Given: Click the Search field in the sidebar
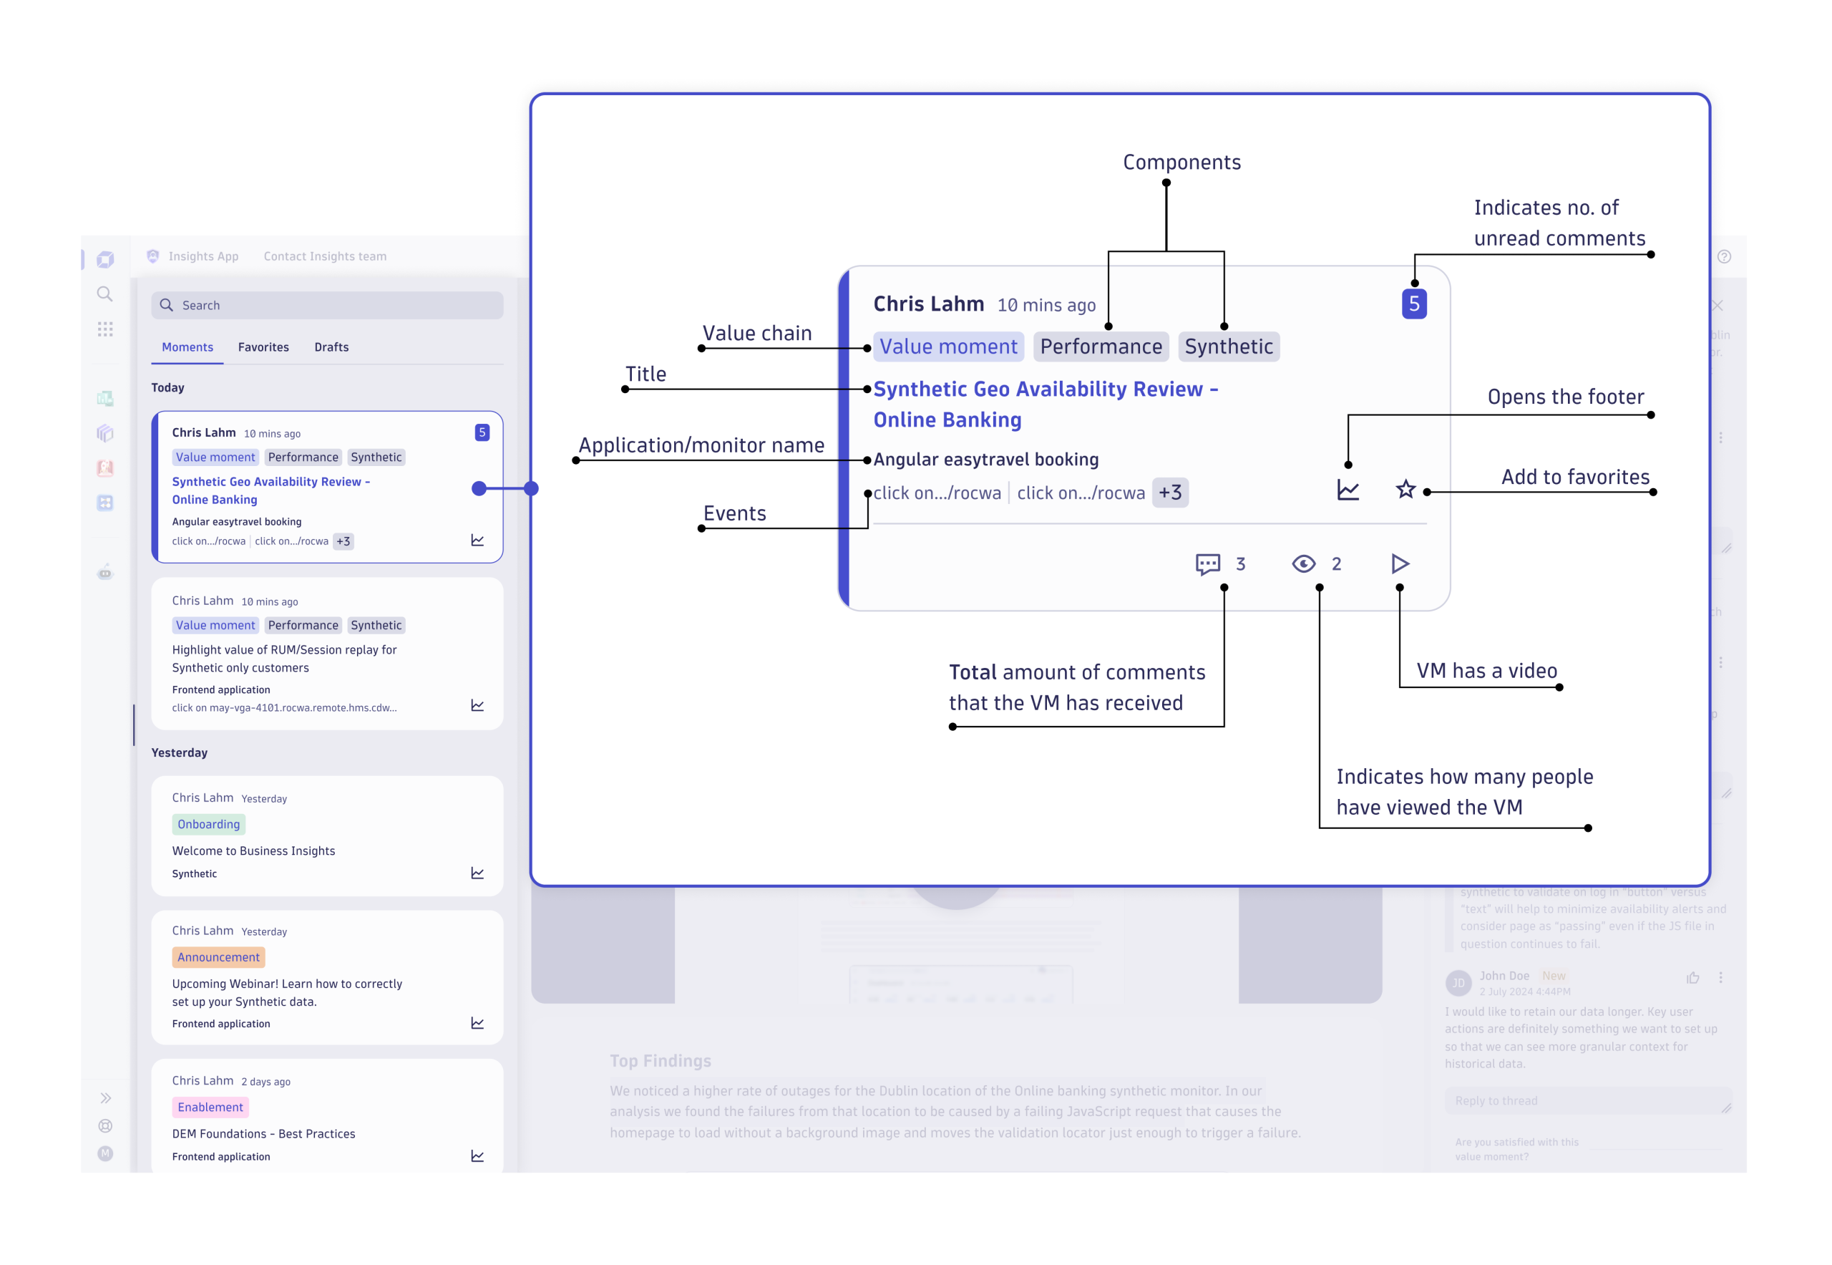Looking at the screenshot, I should [326, 305].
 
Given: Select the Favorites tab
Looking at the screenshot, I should [263, 347].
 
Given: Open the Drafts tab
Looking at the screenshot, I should [331, 347].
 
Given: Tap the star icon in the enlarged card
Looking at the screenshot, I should [1405, 490].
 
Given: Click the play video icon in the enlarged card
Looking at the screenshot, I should [1399, 563].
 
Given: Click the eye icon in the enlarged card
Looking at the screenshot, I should [1303, 563].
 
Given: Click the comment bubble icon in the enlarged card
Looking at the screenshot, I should [1207, 563].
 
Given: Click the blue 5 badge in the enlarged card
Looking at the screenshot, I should [1413, 304].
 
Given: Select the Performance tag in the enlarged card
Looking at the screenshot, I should [1101, 346].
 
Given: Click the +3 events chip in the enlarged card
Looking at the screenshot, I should [1169, 493].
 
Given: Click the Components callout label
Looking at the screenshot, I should [1181, 163].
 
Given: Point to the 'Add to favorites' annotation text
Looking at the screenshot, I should [1574, 476].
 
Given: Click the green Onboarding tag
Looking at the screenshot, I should [208, 824].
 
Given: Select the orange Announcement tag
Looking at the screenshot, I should [218, 956].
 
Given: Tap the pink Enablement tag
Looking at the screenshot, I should [210, 1107].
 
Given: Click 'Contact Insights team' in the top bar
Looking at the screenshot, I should [325, 256].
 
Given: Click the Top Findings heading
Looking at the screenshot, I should [660, 1060].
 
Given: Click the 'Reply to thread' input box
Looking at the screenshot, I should [1585, 1100].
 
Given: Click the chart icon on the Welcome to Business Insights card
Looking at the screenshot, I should [477, 873].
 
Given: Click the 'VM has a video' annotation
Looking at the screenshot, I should [1486, 671].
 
